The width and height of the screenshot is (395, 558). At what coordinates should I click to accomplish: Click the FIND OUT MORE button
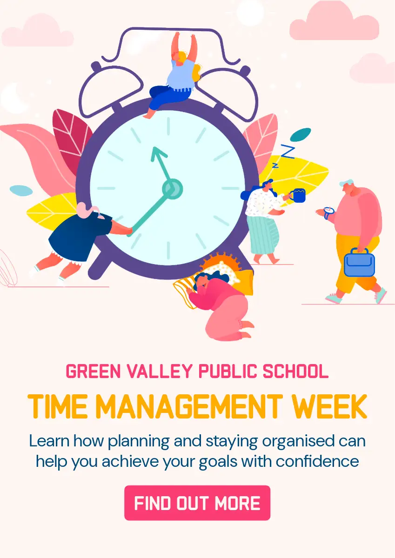click(x=197, y=503)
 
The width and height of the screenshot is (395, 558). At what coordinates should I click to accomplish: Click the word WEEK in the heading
click(x=329, y=406)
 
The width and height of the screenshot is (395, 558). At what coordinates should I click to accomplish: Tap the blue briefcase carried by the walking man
click(x=359, y=263)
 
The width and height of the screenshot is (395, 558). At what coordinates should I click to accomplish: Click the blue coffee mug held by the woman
click(x=299, y=196)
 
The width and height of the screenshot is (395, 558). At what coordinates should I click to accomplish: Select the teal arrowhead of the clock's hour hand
click(x=158, y=153)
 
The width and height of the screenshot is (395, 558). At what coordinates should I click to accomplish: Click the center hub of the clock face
click(x=173, y=189)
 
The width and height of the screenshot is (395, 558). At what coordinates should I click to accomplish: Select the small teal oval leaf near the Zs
click(x=300, y=134)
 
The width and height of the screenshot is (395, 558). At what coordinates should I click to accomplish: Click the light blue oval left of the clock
click(x=21, y=191)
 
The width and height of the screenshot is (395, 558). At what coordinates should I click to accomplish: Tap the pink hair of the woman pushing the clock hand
click(x=86, y=210)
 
